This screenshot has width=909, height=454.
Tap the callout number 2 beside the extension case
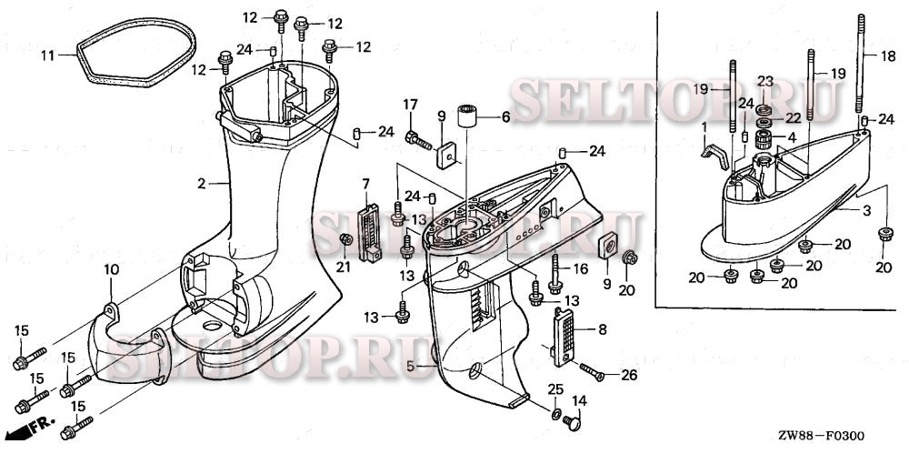pyautogui.click(x=202, y=184)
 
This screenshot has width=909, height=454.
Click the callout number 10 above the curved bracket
pyautogui.click(x=111, y=269)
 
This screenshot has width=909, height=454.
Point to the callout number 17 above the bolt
pyautogui.click(x=411, y=103)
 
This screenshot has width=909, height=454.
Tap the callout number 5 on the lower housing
pyautogui.click(x=410, y=366)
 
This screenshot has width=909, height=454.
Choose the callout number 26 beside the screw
pyautogui.click(x=629, y=375)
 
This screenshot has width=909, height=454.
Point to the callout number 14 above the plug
pyautogui.click(x=578, y=400)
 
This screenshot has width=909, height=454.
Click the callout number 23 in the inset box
pyautogui.click(x=765, y=81)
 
